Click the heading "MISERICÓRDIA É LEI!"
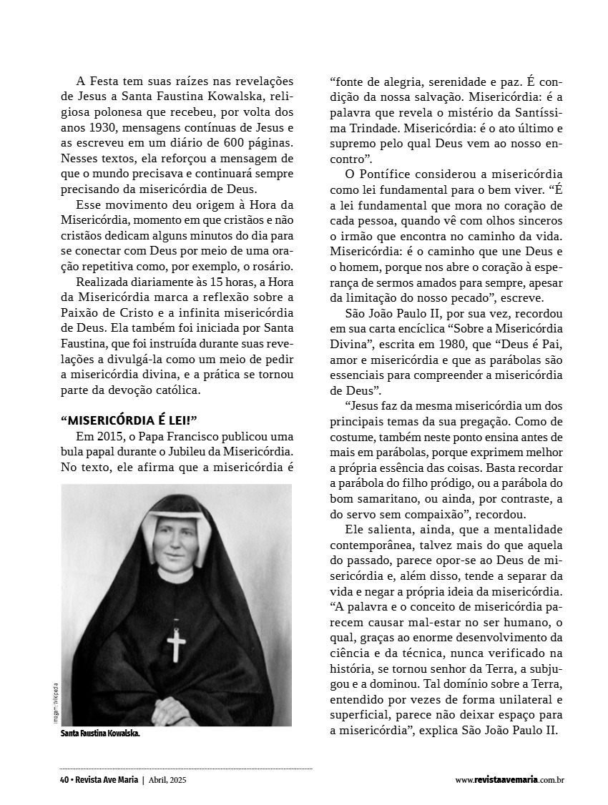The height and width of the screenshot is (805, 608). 129,420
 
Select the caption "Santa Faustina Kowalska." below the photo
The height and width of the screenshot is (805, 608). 100,733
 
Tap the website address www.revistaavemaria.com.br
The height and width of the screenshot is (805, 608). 509,780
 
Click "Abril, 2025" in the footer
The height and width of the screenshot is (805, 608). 169,779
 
